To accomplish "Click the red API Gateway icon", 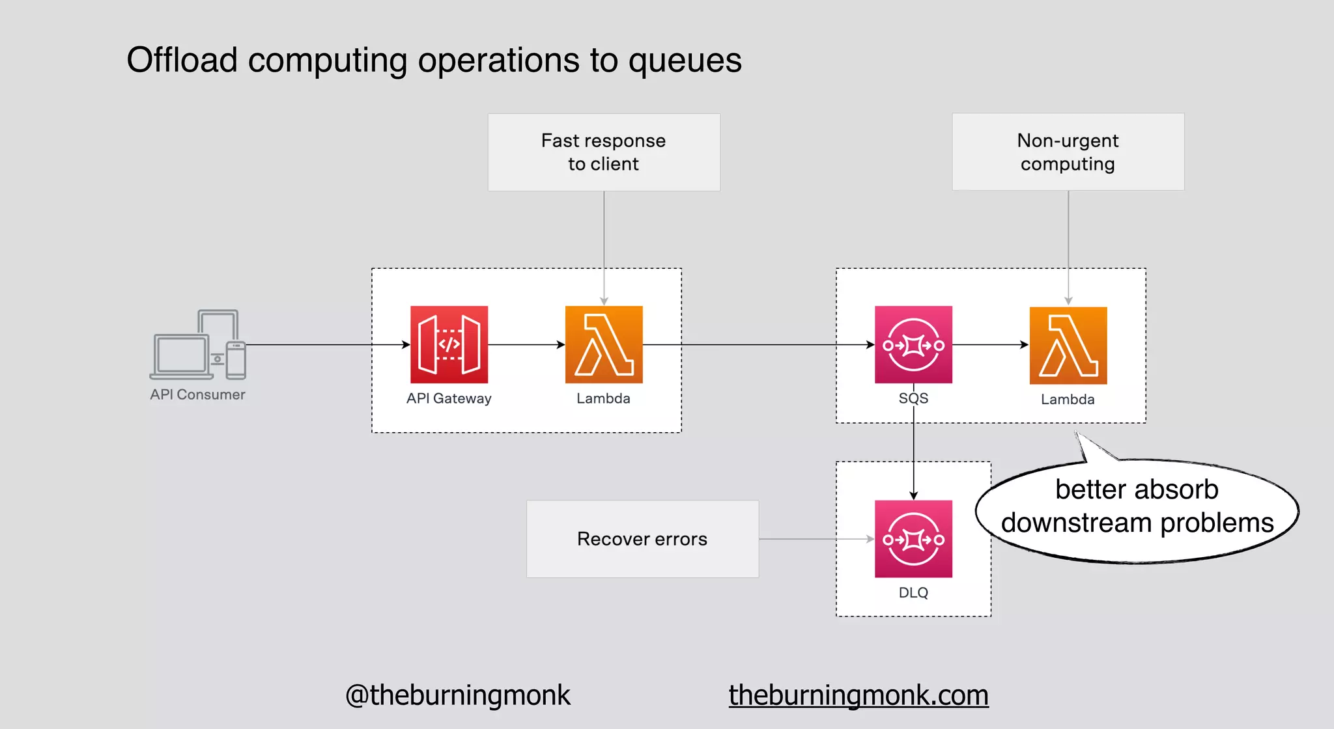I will point(449,344).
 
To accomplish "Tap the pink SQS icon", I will point(913,344).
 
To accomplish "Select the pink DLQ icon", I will point(913,538).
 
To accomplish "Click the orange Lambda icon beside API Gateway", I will point(604,344).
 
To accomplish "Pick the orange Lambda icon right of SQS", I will point(1068,345).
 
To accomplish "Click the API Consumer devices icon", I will point(198,345).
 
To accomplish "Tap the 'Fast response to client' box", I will point(604,152).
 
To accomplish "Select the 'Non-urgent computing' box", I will point(1068,152).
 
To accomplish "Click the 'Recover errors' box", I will point(642,539).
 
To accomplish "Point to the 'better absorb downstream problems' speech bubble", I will point(1137,508).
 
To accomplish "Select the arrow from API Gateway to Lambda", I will point(526,344).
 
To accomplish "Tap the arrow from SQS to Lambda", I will point(990,344).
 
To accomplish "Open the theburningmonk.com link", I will point(858,695).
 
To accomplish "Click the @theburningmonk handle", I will point(457,695).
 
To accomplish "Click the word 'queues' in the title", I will point(685,61).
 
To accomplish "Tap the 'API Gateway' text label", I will point(449,398).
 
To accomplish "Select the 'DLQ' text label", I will point(913,592).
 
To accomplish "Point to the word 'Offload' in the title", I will point(182,60).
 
